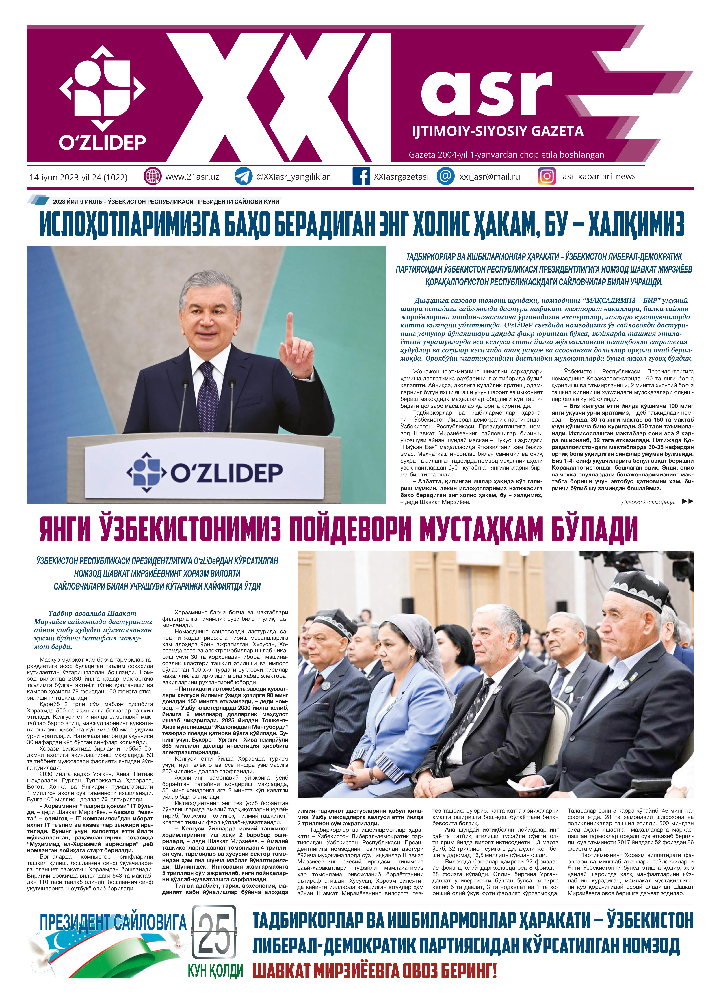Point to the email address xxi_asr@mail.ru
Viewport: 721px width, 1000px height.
[490, 176]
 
